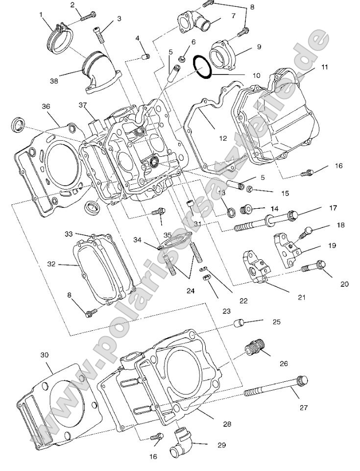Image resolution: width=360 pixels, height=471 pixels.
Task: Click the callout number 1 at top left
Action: (x=42, y=15)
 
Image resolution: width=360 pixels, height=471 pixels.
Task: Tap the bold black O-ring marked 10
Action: (x=202, y=67)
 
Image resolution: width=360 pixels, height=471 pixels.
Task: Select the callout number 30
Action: (x=45, y=354)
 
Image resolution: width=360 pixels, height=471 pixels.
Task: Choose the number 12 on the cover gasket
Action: (x=223, y=139)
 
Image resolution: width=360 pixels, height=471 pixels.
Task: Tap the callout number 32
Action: (x=51, y=264)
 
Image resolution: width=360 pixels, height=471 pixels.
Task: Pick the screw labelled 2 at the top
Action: (x=89, y=17)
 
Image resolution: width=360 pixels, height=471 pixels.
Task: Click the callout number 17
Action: (x=333, y=208)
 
